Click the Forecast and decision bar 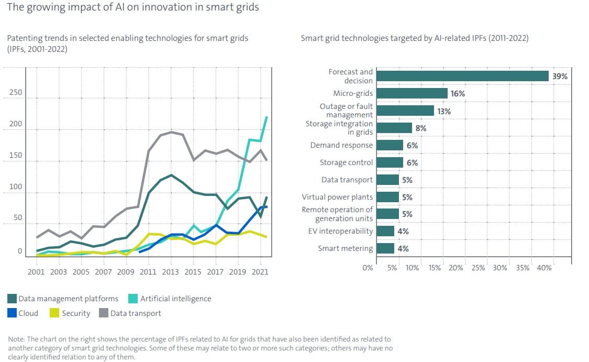click(x=462, y=76)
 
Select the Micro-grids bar click(x=412, y=93)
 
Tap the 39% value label click(x=560, y=76)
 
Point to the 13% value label click(x=444, y=111)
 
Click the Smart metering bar click(x=385, y=248)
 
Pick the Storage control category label click(x=346, y=162)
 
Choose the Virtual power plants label click(x=337, y=197)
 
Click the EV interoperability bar click(x=385, y=231)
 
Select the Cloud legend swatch click(x=12, y=313)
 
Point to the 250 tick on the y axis click(x=16, y=93)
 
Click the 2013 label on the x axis click(x=170, y=271)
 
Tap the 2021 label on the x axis click(x=260, y=271)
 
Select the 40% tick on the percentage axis click(x=544, y=268)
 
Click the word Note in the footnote click(x=16, y=339)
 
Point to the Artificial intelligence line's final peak click(x=266, y=117)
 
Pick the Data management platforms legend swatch click(x=12, y=299)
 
